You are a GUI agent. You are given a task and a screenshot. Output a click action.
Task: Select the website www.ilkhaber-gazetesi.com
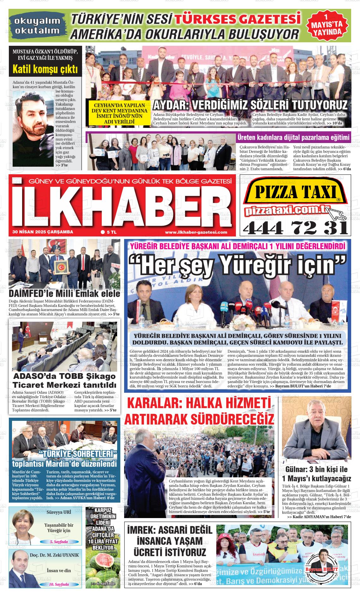coord(196,232)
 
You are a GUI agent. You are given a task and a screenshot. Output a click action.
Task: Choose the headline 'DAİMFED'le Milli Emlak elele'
coord(64,293)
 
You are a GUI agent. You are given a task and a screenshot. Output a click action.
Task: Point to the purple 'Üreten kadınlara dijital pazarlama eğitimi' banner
coord(293,138)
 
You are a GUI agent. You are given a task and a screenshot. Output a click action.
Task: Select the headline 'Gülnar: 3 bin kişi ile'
coord(316,469)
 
